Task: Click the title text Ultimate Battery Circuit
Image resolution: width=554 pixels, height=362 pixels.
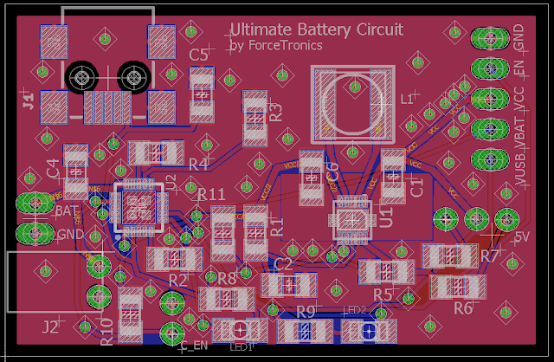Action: (317, 29)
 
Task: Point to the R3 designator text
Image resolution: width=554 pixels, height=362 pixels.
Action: (276, 112)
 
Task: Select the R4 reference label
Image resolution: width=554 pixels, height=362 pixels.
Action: (197, 164)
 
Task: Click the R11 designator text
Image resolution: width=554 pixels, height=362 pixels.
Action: (211, 194)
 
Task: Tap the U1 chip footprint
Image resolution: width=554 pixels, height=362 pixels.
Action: (351, 217)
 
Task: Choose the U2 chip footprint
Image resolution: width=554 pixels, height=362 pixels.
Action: (136, 208)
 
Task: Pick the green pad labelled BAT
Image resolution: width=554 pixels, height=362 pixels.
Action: (35, 204)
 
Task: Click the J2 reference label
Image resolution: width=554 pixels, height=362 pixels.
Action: (50, 326)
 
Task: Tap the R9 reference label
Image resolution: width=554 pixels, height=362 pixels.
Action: (306, 311)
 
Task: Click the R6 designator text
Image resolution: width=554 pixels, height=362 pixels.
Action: (462, 307)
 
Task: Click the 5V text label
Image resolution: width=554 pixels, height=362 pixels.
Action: (520, 237)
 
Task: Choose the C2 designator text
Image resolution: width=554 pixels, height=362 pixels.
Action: (283, 263)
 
